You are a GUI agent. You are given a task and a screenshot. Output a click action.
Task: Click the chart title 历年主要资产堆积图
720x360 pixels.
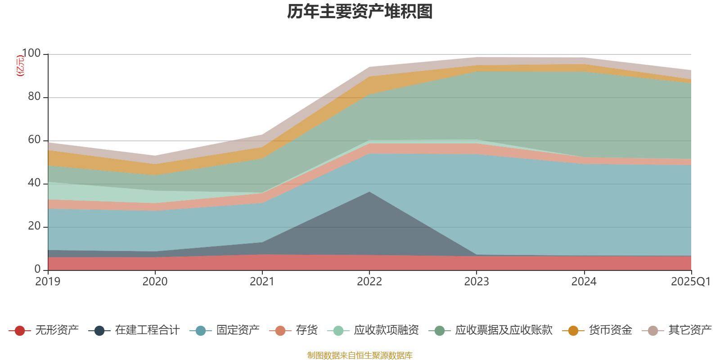[360, 12]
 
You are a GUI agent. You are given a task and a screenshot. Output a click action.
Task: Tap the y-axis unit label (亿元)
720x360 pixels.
[20, 66]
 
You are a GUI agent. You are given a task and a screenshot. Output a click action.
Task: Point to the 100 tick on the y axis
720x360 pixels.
[31, 54]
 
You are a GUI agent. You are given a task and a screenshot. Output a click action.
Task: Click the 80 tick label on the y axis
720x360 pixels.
[34, 97]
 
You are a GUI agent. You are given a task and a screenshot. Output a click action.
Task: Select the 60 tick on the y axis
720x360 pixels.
[34, 140]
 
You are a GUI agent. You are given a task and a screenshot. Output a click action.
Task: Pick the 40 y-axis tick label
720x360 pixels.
[34, 183]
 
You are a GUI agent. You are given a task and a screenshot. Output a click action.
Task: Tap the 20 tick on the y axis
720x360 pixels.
[34, 226]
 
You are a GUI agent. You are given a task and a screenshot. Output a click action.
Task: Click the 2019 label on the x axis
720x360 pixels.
[48, 282]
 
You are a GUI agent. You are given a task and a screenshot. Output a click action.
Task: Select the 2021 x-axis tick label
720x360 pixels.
[262, 282]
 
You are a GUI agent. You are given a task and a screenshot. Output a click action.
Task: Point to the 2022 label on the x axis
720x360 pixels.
[369, 282]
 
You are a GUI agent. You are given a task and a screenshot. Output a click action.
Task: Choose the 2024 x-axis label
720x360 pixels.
[584, 282]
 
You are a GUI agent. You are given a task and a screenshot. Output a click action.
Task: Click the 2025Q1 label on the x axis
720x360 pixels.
[690, 282]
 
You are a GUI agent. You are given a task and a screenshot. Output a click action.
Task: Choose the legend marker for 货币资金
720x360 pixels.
[573, 331]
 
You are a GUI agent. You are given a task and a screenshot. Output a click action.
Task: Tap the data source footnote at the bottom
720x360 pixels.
[360, 355]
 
